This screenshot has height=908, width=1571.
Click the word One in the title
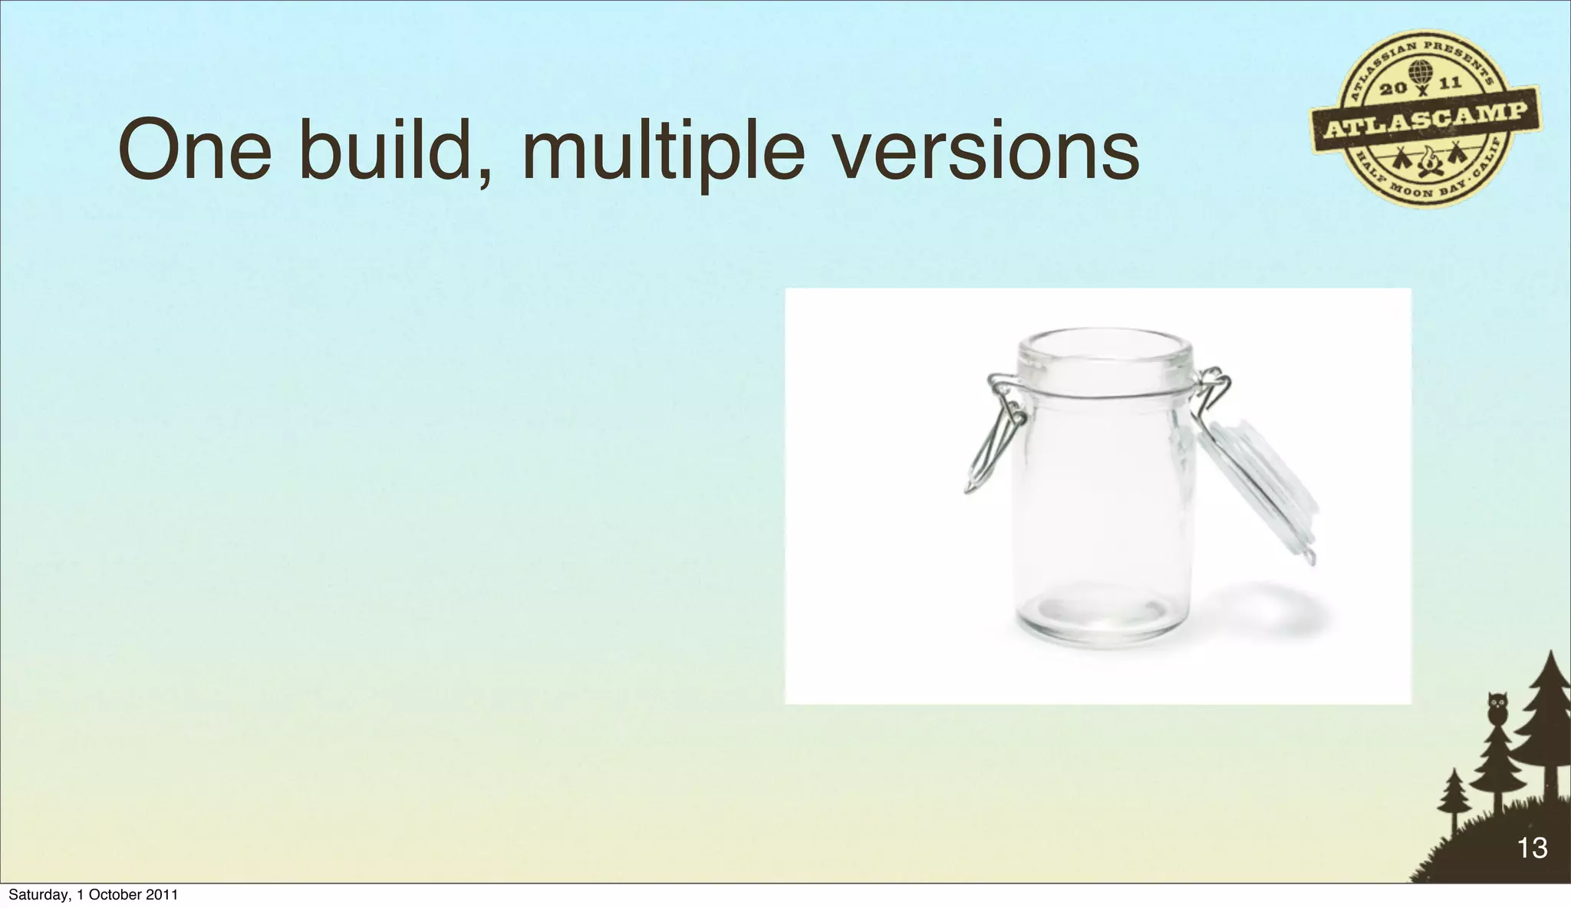195,151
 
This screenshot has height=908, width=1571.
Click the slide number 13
1532,847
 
